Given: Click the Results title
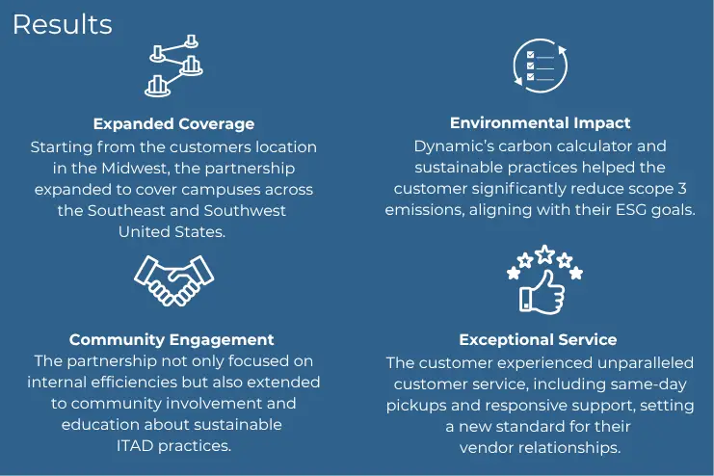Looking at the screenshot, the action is (63, 25).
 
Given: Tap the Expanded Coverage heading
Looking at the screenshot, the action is (174, 124).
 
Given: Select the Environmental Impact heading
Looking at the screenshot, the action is (540, 123).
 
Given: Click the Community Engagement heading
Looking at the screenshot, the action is (172, 339).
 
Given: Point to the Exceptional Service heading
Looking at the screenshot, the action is (538, 339).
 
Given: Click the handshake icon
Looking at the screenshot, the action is (174, 280).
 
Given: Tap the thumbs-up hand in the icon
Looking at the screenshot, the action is (542, 292).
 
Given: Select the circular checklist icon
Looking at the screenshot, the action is (540, 66).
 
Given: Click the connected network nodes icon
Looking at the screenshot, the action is (173, 66).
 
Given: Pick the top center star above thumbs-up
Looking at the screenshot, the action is (544, 254).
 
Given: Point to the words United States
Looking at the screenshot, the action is (172, 231).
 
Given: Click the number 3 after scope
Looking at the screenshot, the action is (681, 189).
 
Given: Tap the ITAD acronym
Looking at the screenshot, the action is (135, 445).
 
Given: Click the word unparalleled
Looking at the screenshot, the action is (646, 363).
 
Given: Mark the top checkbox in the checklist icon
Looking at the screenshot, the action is (531, 55).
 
